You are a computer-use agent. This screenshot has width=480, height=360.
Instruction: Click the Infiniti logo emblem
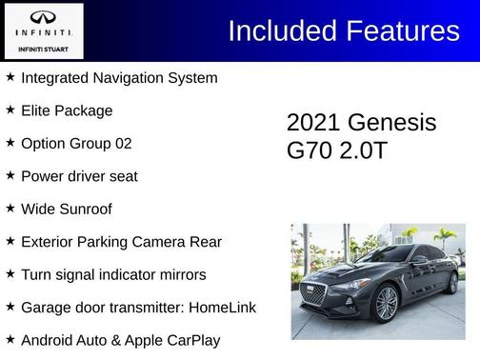click(x=43, y=16)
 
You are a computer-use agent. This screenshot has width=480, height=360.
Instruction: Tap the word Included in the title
click(x=283, y=30)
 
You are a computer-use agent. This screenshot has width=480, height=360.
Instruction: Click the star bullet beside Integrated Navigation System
click(x=10, y=77)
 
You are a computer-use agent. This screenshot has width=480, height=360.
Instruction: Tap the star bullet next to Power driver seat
click(x=10, y=175)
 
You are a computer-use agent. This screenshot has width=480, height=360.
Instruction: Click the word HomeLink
click(x=219, y=309)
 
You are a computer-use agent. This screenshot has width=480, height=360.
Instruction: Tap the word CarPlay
click(x=190, y=341)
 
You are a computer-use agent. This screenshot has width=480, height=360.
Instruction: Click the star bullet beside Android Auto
click(x=10, y=340)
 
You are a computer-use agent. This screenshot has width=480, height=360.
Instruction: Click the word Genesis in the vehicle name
click(x=392, y=123)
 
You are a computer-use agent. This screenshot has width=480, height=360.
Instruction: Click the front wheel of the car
click(x=387, y=304)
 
